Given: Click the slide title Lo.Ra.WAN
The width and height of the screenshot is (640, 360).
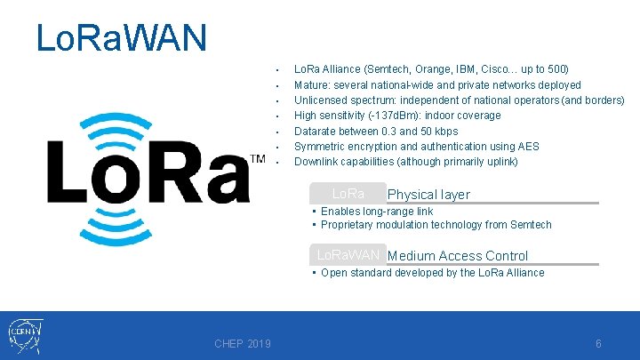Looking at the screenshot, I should [x=122, y=37].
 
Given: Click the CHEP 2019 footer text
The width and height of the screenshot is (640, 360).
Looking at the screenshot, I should [x=243, y=344].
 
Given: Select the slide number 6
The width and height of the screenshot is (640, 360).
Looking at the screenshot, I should [x=598, y=344].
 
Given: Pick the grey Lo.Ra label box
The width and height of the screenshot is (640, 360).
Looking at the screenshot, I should [x=348, y=194].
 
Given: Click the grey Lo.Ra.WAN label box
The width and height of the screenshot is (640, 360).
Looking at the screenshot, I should [x=348, y=255].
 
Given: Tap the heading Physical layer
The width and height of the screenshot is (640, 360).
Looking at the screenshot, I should [x=428, y=195].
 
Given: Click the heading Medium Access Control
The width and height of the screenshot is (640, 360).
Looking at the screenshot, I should [x=458, y=256].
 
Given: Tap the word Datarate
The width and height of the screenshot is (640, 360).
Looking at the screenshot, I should [x=316, y=132].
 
